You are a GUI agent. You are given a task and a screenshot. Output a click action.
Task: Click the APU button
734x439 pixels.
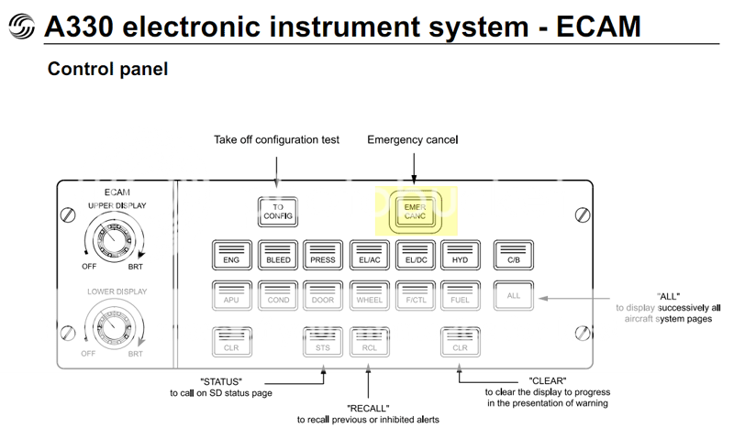231,296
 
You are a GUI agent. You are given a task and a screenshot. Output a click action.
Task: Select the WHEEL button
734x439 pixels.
369,296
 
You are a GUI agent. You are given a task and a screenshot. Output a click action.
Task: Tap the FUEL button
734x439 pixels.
461,296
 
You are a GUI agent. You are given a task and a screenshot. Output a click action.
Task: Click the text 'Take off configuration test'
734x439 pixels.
276,139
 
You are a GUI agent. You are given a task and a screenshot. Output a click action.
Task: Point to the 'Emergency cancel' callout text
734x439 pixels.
412,139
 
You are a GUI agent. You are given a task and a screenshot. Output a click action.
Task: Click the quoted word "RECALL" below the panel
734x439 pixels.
369,407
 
